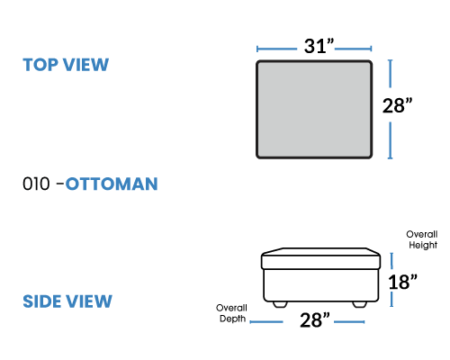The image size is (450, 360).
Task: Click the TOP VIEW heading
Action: point(66,65)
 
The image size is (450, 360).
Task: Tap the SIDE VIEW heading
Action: point(67,301)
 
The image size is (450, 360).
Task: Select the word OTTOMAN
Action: point(112,184)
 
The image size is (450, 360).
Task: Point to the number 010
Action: point(36,184)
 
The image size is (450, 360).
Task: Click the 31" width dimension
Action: point(319,46)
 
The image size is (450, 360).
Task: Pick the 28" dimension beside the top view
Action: point(397,105)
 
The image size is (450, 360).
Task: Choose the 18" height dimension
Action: point(402,282)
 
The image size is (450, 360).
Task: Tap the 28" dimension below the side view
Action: point(315,320)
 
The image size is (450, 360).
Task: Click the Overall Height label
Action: point(422,239)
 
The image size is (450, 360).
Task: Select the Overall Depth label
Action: point(231,313)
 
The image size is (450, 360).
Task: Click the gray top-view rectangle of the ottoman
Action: point(314,109)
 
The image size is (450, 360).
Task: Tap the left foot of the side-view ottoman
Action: point(280,304)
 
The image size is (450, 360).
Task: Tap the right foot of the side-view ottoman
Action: point(359,304)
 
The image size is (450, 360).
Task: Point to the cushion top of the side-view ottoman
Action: point(320,258)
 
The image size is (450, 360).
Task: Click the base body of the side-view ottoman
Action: point(320,285)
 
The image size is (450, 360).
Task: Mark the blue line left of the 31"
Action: point(276,49)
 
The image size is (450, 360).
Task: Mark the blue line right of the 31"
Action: point(354,49)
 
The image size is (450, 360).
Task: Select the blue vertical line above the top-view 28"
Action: point(390,74)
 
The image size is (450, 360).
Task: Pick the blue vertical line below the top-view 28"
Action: point(390,140)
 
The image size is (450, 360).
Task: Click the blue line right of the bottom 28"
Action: point(349,322)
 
